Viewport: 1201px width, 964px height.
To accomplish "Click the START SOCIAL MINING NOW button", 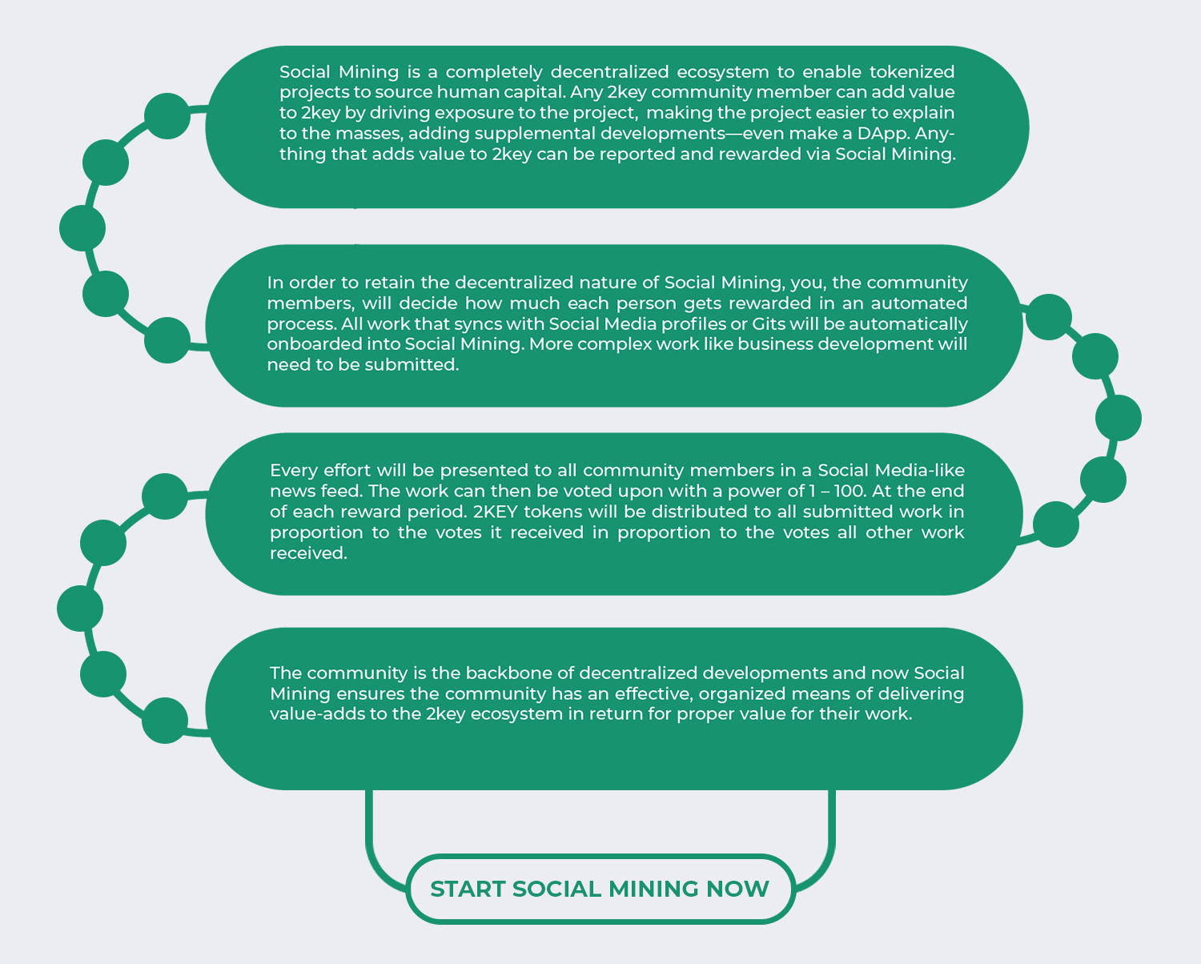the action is point(600,889).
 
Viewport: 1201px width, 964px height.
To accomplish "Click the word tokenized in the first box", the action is point(912,72).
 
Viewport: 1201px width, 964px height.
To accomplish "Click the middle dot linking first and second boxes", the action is point(82,228).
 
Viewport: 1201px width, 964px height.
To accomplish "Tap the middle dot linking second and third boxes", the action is point(1119,418).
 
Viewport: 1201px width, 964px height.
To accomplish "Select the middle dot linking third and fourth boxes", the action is point(80,609).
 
